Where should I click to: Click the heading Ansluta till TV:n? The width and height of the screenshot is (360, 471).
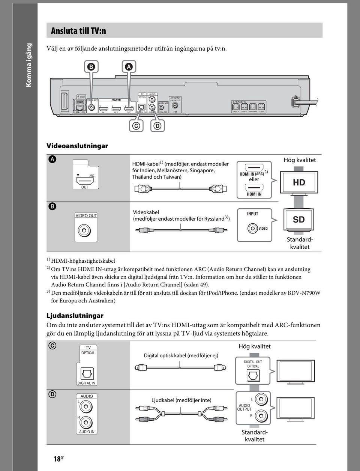(78, 31)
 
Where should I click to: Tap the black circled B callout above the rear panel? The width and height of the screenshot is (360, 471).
(91, 67)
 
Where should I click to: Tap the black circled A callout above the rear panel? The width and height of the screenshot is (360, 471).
(129, 67)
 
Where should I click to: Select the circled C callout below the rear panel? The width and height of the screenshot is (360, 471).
(136, 126)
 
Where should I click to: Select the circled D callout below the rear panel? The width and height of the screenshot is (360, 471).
(157, 126)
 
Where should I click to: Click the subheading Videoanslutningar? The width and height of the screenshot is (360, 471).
(77, 146)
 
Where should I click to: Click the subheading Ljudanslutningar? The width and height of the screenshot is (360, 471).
(75, 315)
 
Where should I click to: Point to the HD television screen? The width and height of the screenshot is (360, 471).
(299, 182)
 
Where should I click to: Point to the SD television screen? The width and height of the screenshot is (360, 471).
(299, 220)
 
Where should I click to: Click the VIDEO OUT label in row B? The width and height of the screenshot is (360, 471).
(86, 215)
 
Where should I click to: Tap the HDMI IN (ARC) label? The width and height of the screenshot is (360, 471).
(252, 174)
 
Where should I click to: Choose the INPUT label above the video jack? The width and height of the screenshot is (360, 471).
(252, 214)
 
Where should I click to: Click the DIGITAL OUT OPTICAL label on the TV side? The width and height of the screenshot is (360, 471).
(253, 364)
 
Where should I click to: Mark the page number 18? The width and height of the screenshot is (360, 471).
(57, 459)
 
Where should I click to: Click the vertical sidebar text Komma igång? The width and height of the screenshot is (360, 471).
(29, 65)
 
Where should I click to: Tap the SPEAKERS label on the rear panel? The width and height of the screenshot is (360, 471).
(239, 102)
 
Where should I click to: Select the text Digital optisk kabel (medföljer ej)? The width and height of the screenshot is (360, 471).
(181, 355)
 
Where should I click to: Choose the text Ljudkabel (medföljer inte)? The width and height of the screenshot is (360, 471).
(181, 400)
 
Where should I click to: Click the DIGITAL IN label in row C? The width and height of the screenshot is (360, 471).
(86, 383)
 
